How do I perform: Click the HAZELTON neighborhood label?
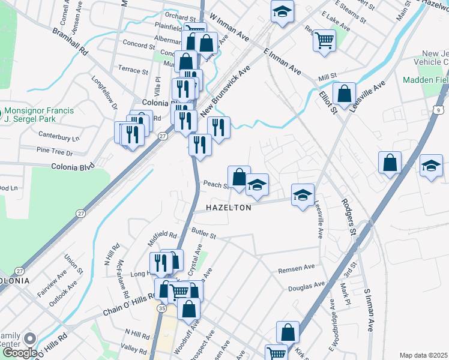pyautogui.click(x=229, y=207)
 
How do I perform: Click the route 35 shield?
pyautogui.click(x=162, y=308)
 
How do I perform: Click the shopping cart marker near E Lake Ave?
pyautogui.click(x=324, y=41)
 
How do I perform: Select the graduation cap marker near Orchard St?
pyautogui.click(x=281, y=11)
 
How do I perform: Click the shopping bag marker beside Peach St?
pyautogui.click(x=239, y=177)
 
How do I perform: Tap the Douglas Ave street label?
pyautogui.click(x=306, y=287)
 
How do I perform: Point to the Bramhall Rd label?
pyautogui.click(x=70, y=41)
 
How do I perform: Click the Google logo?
pyautogui.click(x=20, y=353)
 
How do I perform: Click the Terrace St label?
pyautogui.click(x=133, y=71)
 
